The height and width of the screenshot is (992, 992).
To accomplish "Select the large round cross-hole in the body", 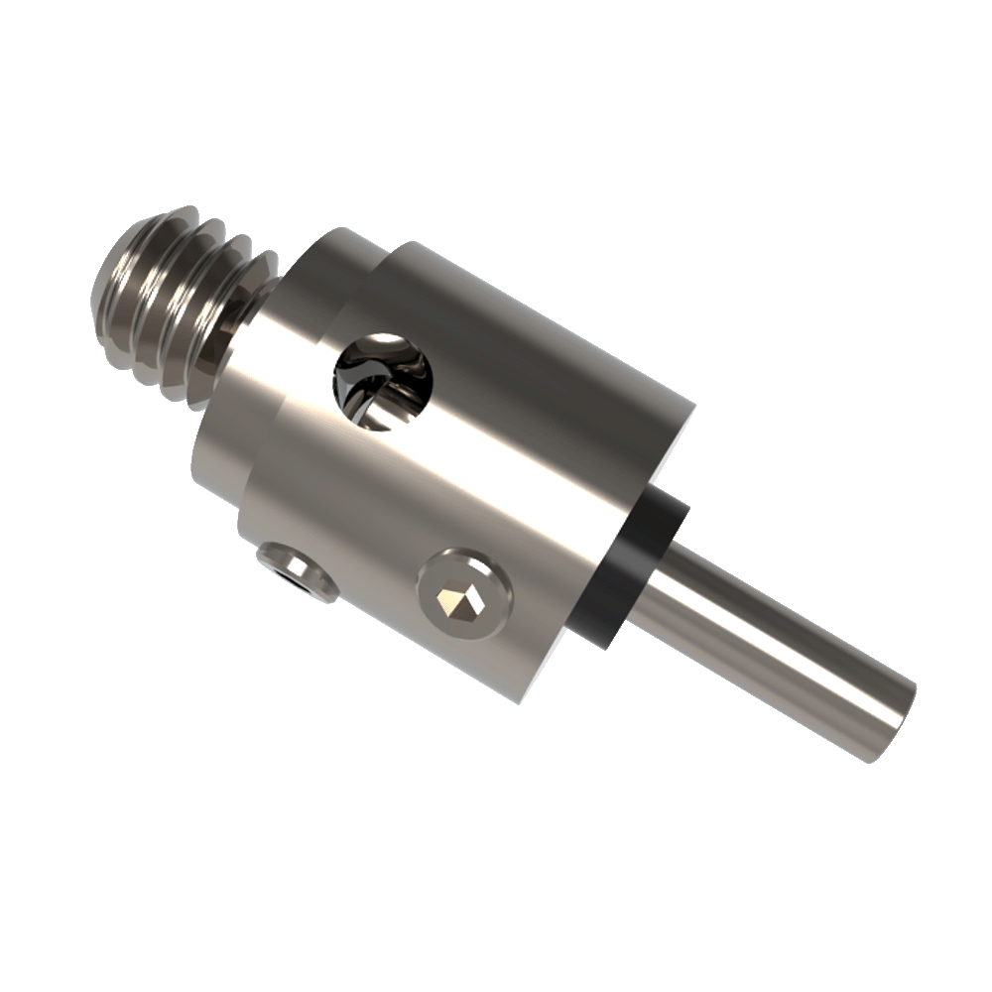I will click(383, 381).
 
